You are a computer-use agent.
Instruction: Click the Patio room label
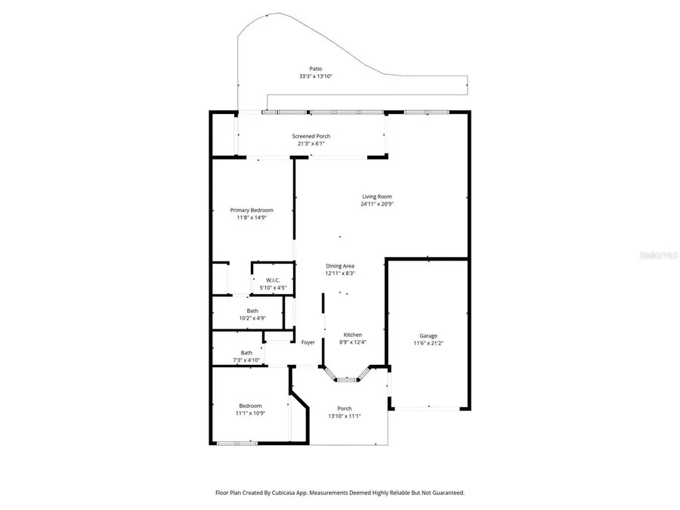pos(315,68)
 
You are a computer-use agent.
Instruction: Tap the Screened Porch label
pos(311,136)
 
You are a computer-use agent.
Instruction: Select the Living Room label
pos(376,196)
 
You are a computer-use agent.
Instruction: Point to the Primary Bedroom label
pos(252,210)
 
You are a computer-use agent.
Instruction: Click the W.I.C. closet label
pos(273,280)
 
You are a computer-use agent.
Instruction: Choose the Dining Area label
pos(340,266)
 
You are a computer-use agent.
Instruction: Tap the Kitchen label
pos(353,335)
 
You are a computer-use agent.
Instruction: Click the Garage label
pos(428,335)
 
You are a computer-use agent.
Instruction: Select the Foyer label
pos(308,342)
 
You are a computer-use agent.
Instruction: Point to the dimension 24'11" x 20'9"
pos(376,204)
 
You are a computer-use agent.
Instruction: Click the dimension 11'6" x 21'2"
pos(428,343)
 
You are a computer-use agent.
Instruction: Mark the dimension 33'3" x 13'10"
pos(315,76)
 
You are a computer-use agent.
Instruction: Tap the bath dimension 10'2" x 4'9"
pos(252,318)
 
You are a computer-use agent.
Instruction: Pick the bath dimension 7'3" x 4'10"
pos(246,360)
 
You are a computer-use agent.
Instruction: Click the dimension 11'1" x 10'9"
pos(251,413)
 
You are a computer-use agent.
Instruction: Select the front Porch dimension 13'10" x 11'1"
pos(345,416)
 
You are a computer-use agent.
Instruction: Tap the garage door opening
pos(428,408)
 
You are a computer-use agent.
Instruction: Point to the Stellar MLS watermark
pos(660,256)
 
